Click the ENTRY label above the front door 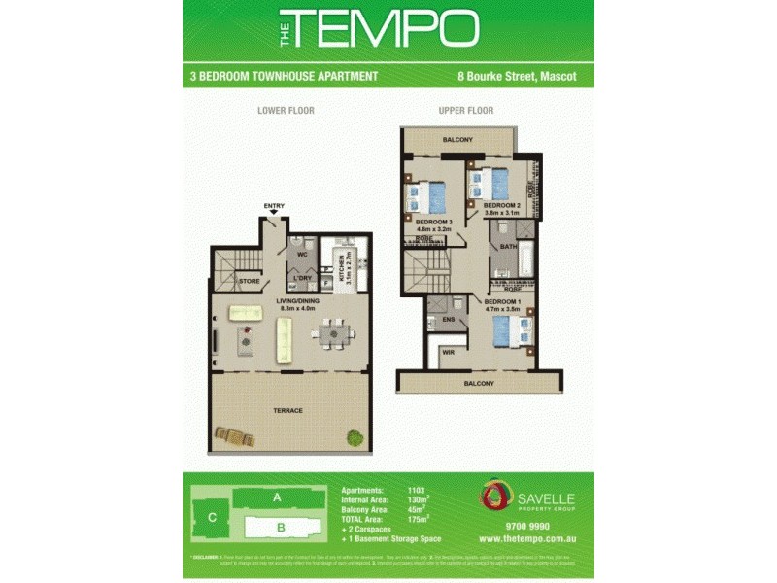(274, 206)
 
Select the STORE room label (248, 281)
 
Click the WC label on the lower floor (302, 255)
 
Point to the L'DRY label (302, 278)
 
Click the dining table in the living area (333, 334)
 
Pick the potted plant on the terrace (351, 436)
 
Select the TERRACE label (287, 410)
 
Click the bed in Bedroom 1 (512, 331)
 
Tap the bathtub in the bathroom (525, 260)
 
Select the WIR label (448, 353)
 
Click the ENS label (448, 318)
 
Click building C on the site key (212, 518)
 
